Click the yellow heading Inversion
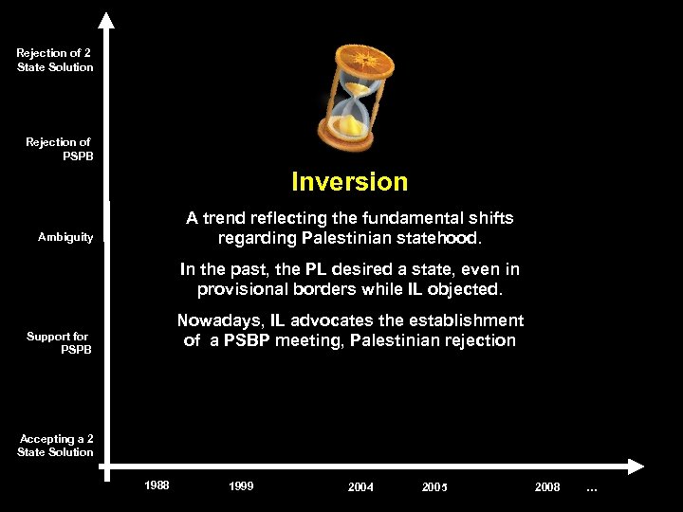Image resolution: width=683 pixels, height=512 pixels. pyautogui.click(x=349, y=182)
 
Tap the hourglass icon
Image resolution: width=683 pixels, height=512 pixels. pyautogui.click(x=354, y=97)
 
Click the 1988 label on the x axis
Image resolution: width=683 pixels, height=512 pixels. pyautogui.click(x=157, y=486)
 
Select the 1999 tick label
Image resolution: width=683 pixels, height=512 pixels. pyautogui.click(x=241, y=486)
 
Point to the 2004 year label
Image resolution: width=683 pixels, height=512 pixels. pyautogui.click(x=360, y=487)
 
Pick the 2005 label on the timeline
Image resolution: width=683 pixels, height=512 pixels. pyautogui.click(x=434, y=487)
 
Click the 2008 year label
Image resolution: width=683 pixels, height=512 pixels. pyautogui.click(x=547, y=487)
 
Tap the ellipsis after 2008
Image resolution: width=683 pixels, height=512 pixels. pyautogui.click(x=592, y=488)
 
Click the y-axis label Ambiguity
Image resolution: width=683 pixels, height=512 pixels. pyautogui.click(x=65, y=237)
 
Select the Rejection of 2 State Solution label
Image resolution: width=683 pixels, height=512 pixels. pyautogui.click(x=55, y=60)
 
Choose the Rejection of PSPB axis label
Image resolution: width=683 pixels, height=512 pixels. pyautogui.click(x=59, y=149)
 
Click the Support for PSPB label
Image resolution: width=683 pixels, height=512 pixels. pyautogui.click(x=59, y=343)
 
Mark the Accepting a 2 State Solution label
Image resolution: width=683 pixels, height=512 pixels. pyautogui.click(x=55, y=446)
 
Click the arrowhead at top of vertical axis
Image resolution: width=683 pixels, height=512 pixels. pyautogui.click(x=106, y=20)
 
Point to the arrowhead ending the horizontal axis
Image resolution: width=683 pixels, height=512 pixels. pyautogui.click(x=637, y=466)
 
